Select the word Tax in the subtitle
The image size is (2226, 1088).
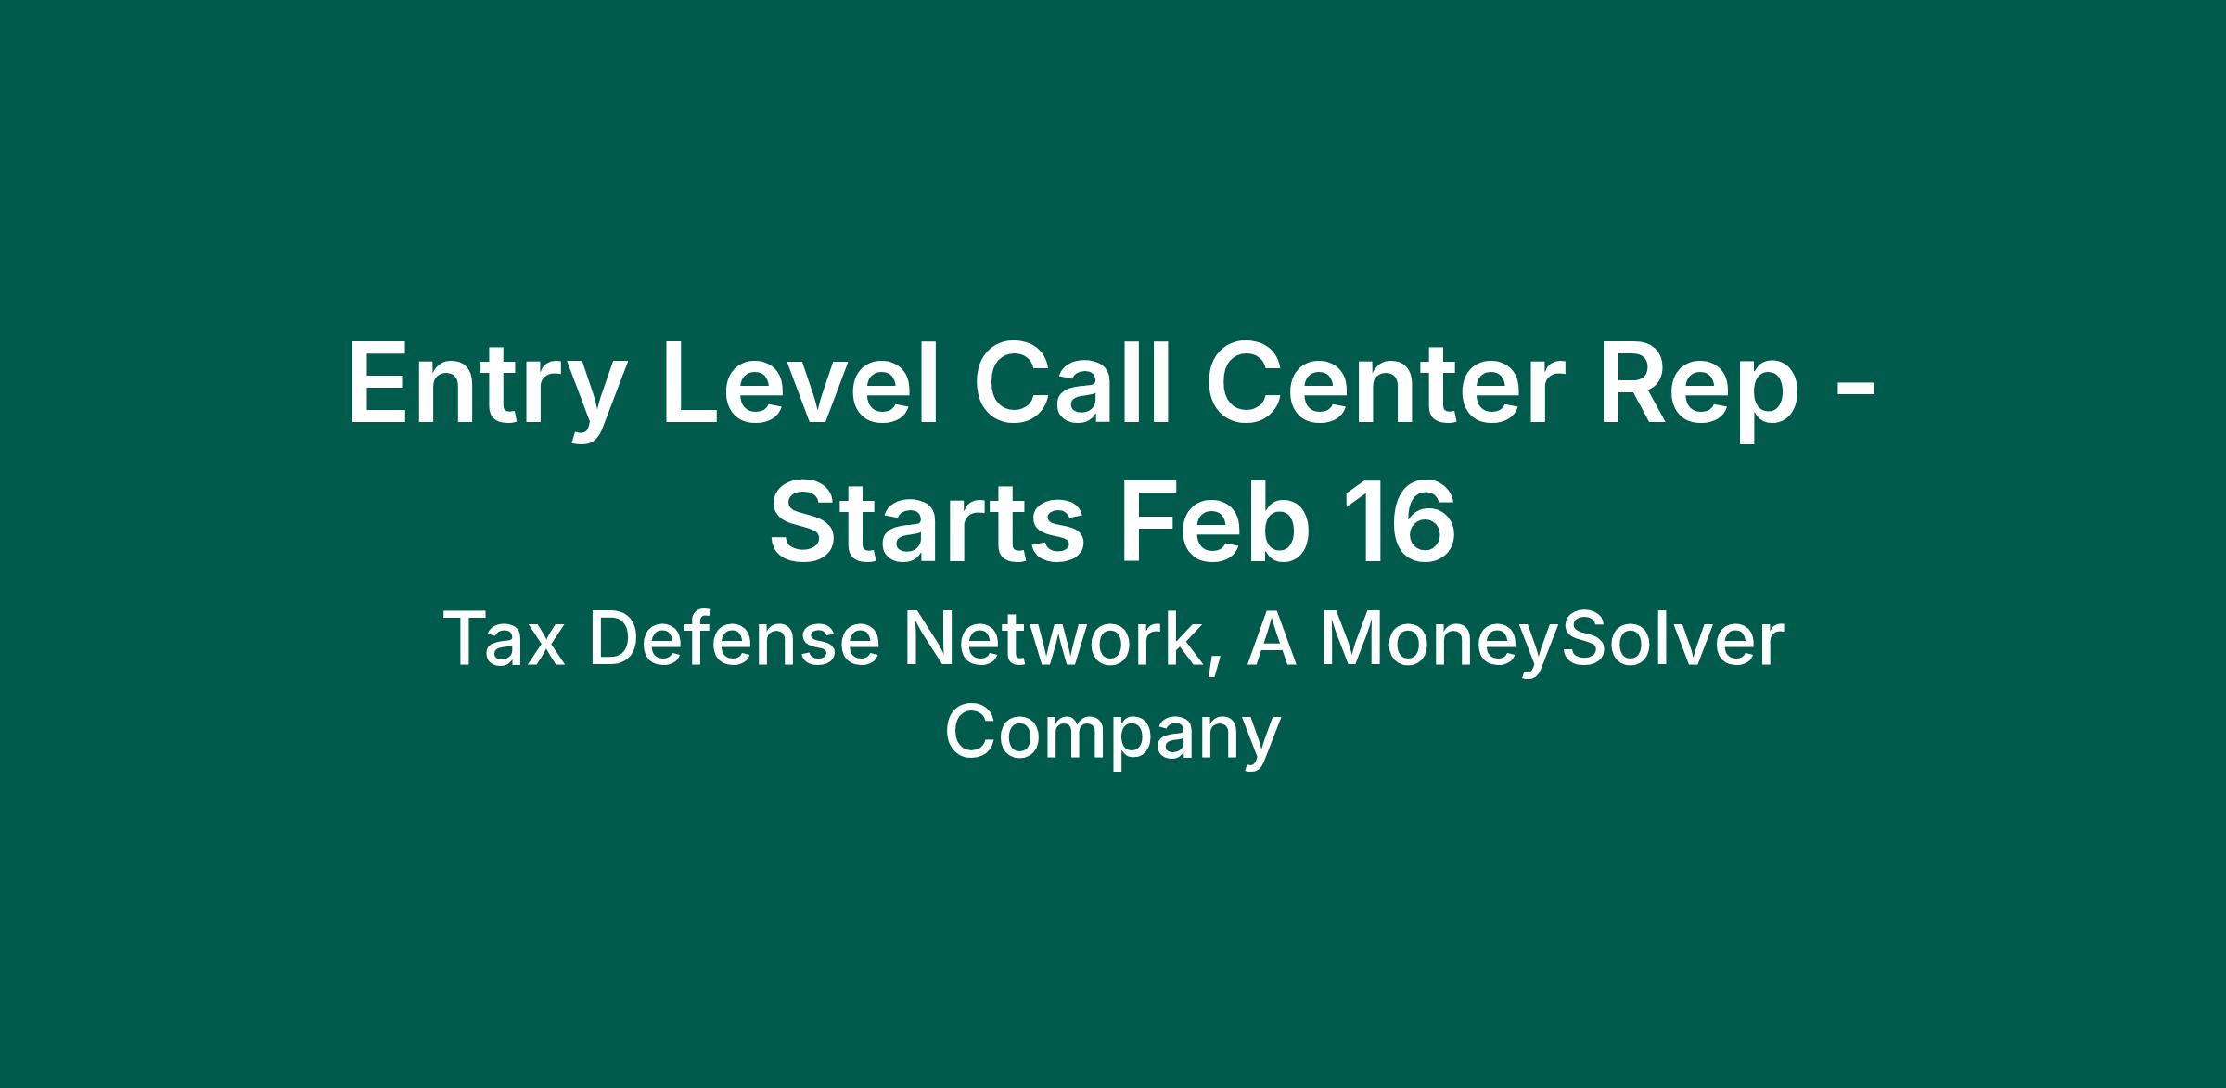click(x=505, y=639)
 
